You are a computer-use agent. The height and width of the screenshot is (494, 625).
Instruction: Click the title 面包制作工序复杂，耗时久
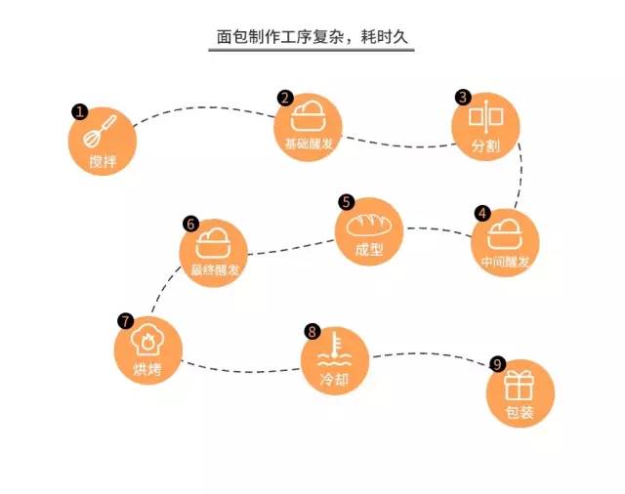click(313, 37)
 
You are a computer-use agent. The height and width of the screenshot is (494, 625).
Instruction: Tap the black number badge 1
click(80, 112)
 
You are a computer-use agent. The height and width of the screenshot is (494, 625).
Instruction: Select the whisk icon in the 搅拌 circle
click(104, 131)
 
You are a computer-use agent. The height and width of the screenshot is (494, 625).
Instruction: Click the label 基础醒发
click(307, 144)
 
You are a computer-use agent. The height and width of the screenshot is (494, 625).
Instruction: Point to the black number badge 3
click(463, 98)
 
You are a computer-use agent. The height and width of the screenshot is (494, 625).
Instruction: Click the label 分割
click(484, 147)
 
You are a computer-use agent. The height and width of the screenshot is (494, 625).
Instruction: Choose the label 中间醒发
click(505, 262)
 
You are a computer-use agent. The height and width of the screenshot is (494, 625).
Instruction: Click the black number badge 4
click(481, 212)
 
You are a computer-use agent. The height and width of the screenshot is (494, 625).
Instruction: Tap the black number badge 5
click(346, 201)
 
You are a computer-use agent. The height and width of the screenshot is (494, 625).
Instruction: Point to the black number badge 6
click(190, 224)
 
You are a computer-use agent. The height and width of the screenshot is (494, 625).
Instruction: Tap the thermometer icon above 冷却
click(335, 349)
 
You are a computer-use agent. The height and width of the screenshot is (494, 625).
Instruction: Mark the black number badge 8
click(312, 332)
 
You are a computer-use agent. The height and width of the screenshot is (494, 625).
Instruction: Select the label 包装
click(521, 412)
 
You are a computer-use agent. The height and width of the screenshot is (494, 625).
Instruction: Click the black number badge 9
click(497, 364)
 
